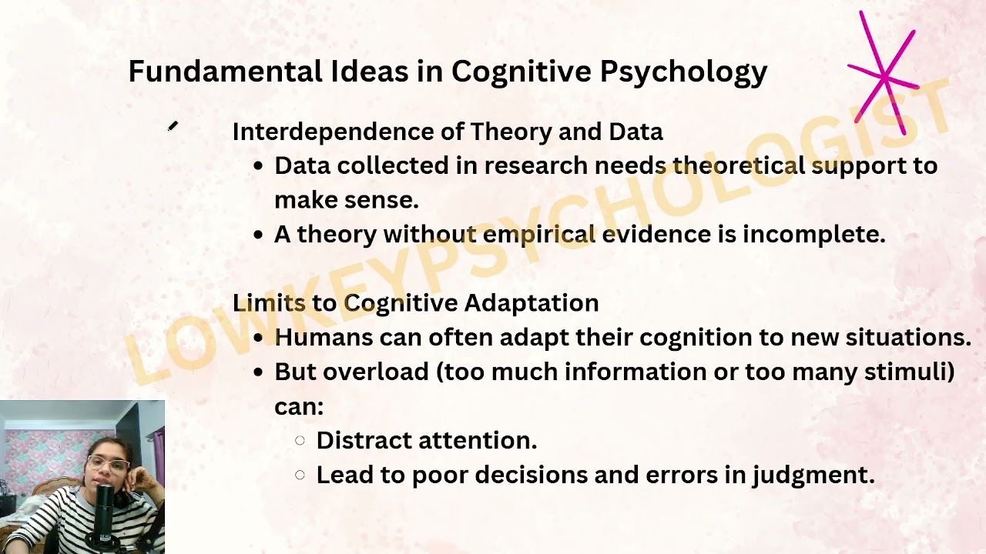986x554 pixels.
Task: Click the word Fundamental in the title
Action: click(225, 72)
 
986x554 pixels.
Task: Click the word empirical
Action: click(539, 234)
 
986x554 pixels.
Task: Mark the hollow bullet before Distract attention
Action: click(300, 441)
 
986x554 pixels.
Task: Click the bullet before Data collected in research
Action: click(258, 166)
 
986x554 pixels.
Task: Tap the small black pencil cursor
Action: click(173, 127)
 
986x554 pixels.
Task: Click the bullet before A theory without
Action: click(258, 235)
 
